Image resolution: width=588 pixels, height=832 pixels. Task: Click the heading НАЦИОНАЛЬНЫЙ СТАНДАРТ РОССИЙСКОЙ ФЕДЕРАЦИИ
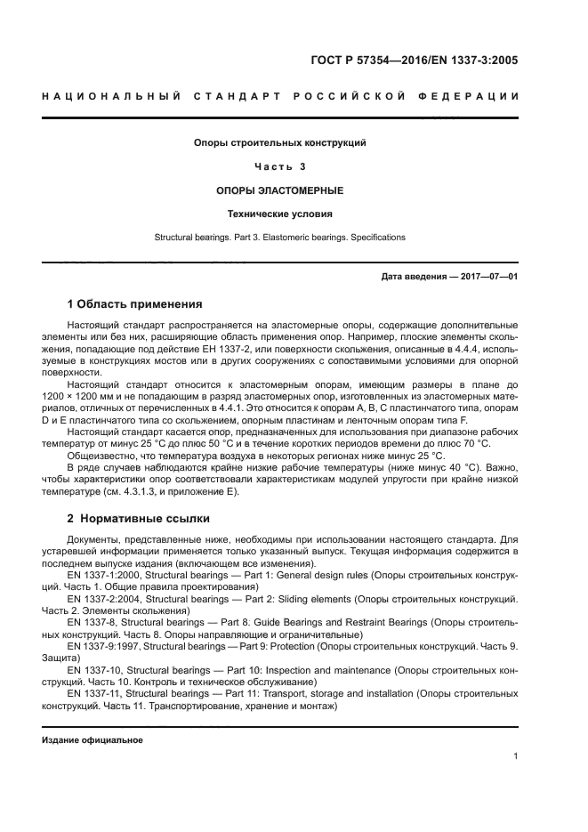coord(279,95)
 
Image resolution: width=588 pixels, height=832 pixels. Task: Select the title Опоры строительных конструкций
coord(280,142)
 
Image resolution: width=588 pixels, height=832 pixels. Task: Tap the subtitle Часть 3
coord(280,166)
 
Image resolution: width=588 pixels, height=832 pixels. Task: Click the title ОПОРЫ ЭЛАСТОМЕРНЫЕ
coord(280,190)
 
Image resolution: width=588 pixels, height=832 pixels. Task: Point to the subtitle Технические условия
coord(280,214)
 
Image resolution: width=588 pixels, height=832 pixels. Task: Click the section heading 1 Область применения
coord(134,305)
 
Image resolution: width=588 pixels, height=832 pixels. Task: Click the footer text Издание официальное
coord(92,739)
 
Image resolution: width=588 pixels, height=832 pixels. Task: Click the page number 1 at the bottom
coord(516,757)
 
